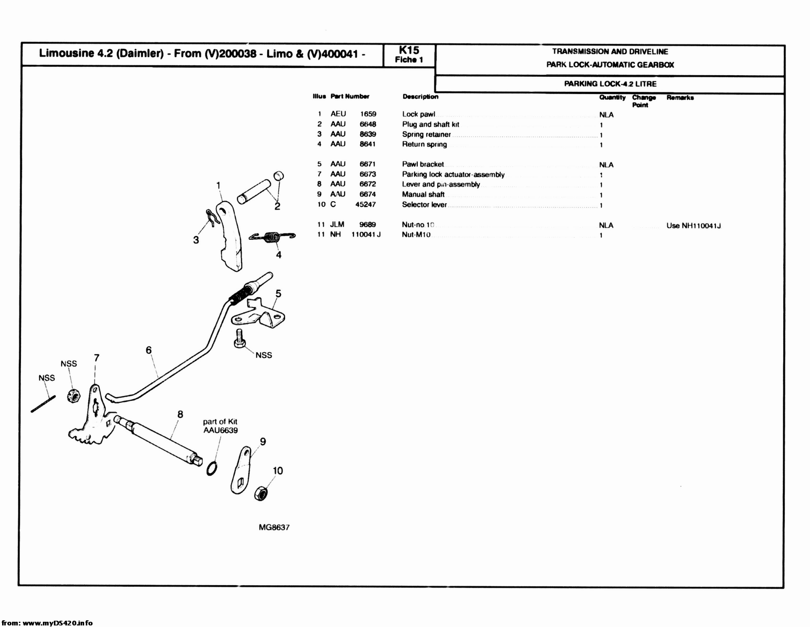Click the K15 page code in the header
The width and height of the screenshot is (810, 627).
coord(409,50)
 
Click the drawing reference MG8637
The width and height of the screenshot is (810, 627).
coord(274,527)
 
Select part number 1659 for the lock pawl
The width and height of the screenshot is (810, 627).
coord(368,114)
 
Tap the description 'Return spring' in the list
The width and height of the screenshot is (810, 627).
coord(424,144)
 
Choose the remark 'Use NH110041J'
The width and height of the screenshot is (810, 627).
coord(693,226)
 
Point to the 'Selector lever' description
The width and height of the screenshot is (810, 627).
coord(424,205)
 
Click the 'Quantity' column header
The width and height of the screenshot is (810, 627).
coord(612,98)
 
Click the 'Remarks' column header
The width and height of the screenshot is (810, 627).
coord(680,98)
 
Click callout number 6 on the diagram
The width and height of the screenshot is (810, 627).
coord(149,350)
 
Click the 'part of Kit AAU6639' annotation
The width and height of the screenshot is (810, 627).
coord(220,426)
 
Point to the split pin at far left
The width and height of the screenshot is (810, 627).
coord(43,404)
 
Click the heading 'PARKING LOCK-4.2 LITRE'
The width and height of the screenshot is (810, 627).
coord(610,84)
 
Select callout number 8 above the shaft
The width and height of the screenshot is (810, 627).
coord(180,414)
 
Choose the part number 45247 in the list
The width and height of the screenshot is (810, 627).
coord(365,205)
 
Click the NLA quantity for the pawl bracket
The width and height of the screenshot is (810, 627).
coord(606,165)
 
